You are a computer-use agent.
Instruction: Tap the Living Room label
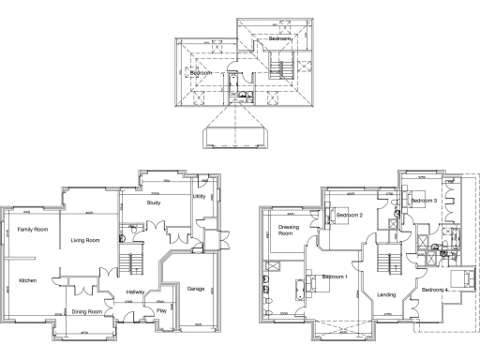[x=85, y=240]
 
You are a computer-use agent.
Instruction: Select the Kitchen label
[x=27, y=280]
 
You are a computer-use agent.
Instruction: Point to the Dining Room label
[x=87, y=311]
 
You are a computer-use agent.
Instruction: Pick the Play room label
[x=162, y=311]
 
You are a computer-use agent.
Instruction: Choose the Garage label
[x=196, y=288]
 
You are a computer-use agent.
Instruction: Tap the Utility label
[x=199, y=197]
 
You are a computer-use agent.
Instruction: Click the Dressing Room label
[x=287, y=230]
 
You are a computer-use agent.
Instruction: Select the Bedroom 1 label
[x=335, y=277]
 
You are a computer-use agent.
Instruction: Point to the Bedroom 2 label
[x=350, y=216]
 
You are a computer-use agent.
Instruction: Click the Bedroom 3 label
[x=424, y=201]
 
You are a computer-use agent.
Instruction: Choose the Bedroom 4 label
[x=435, y=291]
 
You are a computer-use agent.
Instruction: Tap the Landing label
[x=386, y=295]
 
